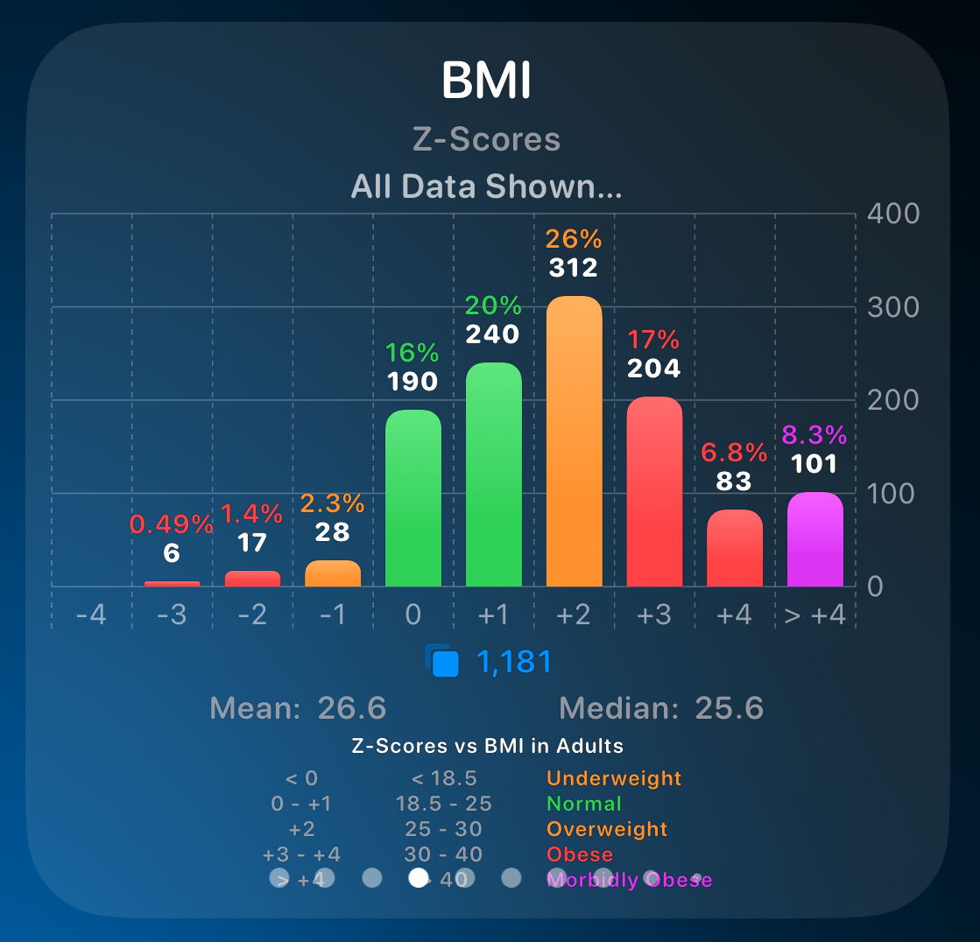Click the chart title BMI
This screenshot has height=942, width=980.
486,81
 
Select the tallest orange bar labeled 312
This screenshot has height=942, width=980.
574,441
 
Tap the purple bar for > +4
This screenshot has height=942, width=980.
814,539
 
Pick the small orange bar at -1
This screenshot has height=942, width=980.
333,573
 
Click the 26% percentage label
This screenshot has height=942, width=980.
574,239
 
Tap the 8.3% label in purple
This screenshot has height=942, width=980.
814,435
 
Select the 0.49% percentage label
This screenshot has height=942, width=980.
172,524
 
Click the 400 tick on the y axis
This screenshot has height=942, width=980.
893,214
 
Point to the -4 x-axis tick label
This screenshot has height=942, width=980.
91,615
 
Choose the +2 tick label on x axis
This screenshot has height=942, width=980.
574,615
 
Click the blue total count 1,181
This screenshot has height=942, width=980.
514,662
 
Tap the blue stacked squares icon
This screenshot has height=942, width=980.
442,661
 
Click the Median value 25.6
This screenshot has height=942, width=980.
729,708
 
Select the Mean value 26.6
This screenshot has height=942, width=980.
351,708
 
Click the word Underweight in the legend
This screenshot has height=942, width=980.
614,778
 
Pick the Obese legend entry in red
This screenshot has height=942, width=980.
580,854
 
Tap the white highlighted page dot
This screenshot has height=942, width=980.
419,877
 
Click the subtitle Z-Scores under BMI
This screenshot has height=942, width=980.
486,140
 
